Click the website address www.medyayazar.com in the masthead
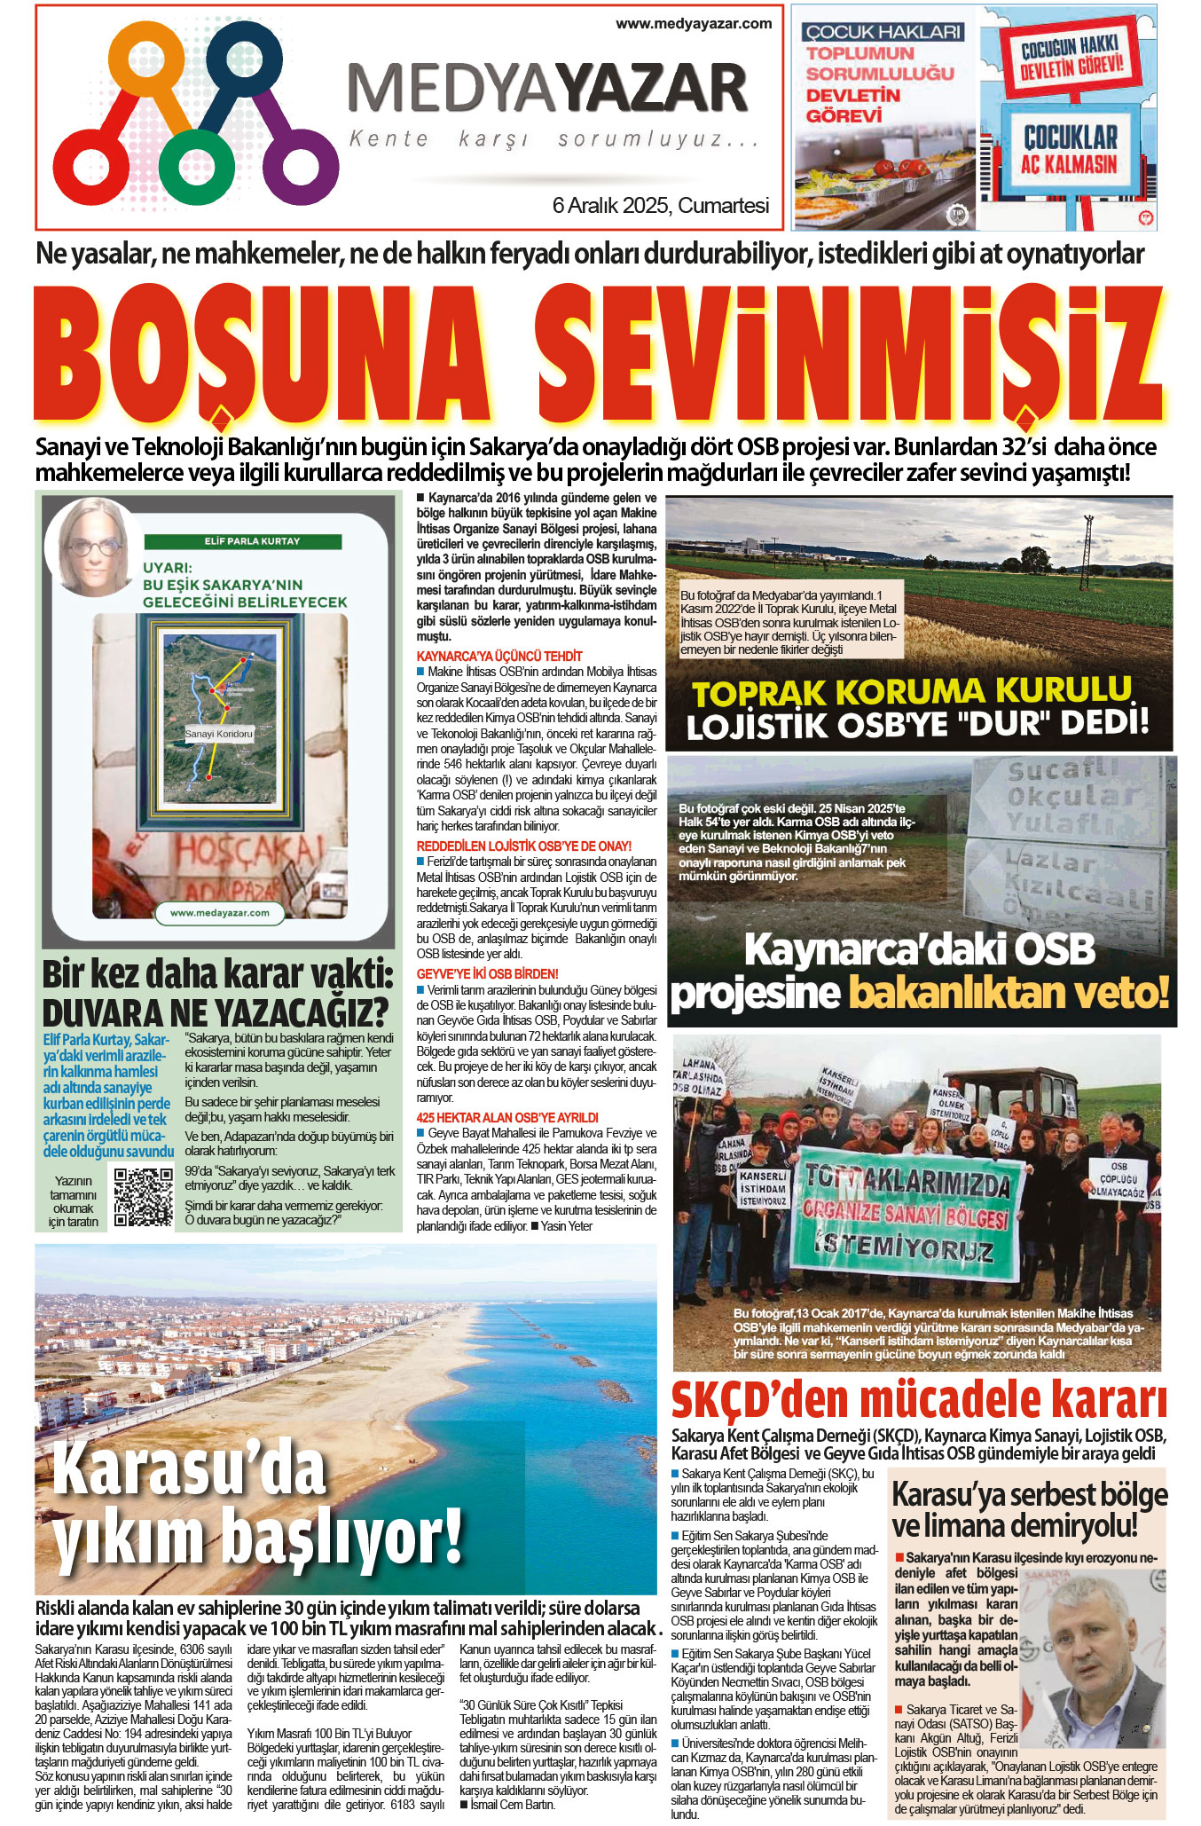click(694, 24)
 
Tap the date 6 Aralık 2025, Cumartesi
click(660, 206)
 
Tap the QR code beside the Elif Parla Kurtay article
click(144, 1197)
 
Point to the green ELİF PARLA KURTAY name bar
click(252, 540)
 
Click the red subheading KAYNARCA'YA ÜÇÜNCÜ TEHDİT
click(499, 656)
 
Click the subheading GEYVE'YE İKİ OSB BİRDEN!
click(488, 973)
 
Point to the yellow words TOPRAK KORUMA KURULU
click(912, 691)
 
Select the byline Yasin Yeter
click(567, 1226)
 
